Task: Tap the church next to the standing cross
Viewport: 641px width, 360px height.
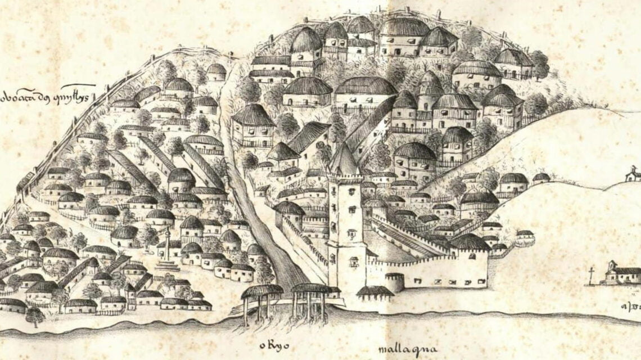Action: [621, 274]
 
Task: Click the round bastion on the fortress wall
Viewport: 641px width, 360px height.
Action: [394, 281]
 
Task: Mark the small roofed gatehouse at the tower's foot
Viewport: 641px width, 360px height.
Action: [375, 294]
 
